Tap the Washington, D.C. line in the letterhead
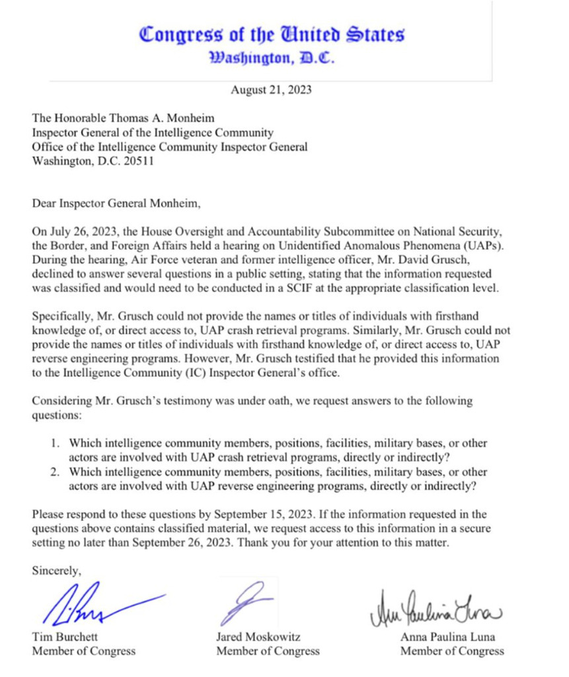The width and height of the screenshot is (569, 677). click(x=272, y=58)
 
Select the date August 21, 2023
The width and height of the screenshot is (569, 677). click(x=271, y=90)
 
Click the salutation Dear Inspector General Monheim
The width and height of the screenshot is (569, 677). click(x=116, y=204)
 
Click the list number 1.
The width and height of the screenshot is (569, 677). click(x=57, y=443)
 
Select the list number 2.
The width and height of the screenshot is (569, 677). click(x=57, y=472)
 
